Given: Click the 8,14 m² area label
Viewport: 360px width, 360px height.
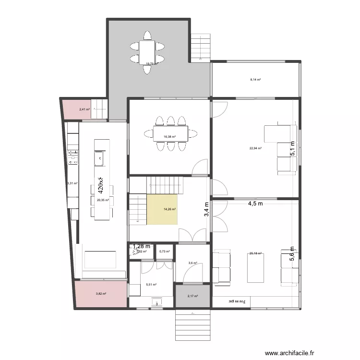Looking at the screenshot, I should [x=255, y=80].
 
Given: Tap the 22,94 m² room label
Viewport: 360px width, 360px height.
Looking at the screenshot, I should [x=255, y=148].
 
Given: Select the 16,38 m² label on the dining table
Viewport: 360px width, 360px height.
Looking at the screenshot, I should [x=169, y=137].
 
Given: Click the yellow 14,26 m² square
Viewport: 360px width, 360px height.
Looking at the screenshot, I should [x=163, y=209].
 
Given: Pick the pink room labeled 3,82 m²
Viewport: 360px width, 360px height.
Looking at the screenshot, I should [x=101, y=294].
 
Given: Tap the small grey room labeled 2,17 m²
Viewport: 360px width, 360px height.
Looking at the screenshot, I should [x=192, y=296].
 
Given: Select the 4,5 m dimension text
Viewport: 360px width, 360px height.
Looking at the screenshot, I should [x=255, y=203].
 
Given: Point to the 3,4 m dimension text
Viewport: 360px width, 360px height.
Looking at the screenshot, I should [x=207, y=209].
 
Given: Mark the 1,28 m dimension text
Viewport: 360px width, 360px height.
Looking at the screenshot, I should [x=142, y=246].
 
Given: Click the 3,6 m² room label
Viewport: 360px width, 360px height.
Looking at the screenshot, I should [x=192, y=263].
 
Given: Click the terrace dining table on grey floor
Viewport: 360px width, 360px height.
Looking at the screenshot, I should [x=147, y=52].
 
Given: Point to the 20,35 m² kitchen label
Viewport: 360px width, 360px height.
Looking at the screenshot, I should [x=103, y=200].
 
